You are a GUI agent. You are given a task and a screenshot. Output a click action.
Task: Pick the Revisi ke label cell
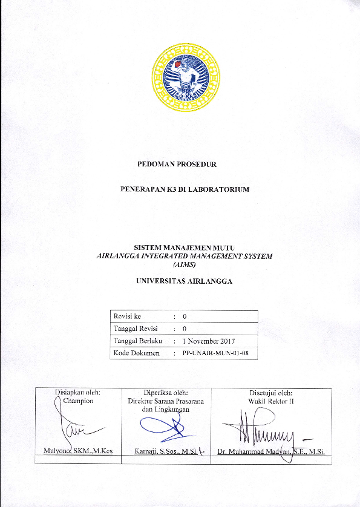pyautogui.click(x=127, y=316)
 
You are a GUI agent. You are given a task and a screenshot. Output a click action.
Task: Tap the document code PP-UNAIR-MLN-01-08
pyautogui.click(x=215, y=353)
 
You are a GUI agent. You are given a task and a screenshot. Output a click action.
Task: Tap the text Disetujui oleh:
pyautogui.click(x=271, y=392)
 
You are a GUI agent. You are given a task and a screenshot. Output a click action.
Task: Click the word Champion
pyautogui.click(x=79, y=401)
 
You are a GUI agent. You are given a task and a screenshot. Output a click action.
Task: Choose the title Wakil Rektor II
pyautogui.click(x=271, y=401)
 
